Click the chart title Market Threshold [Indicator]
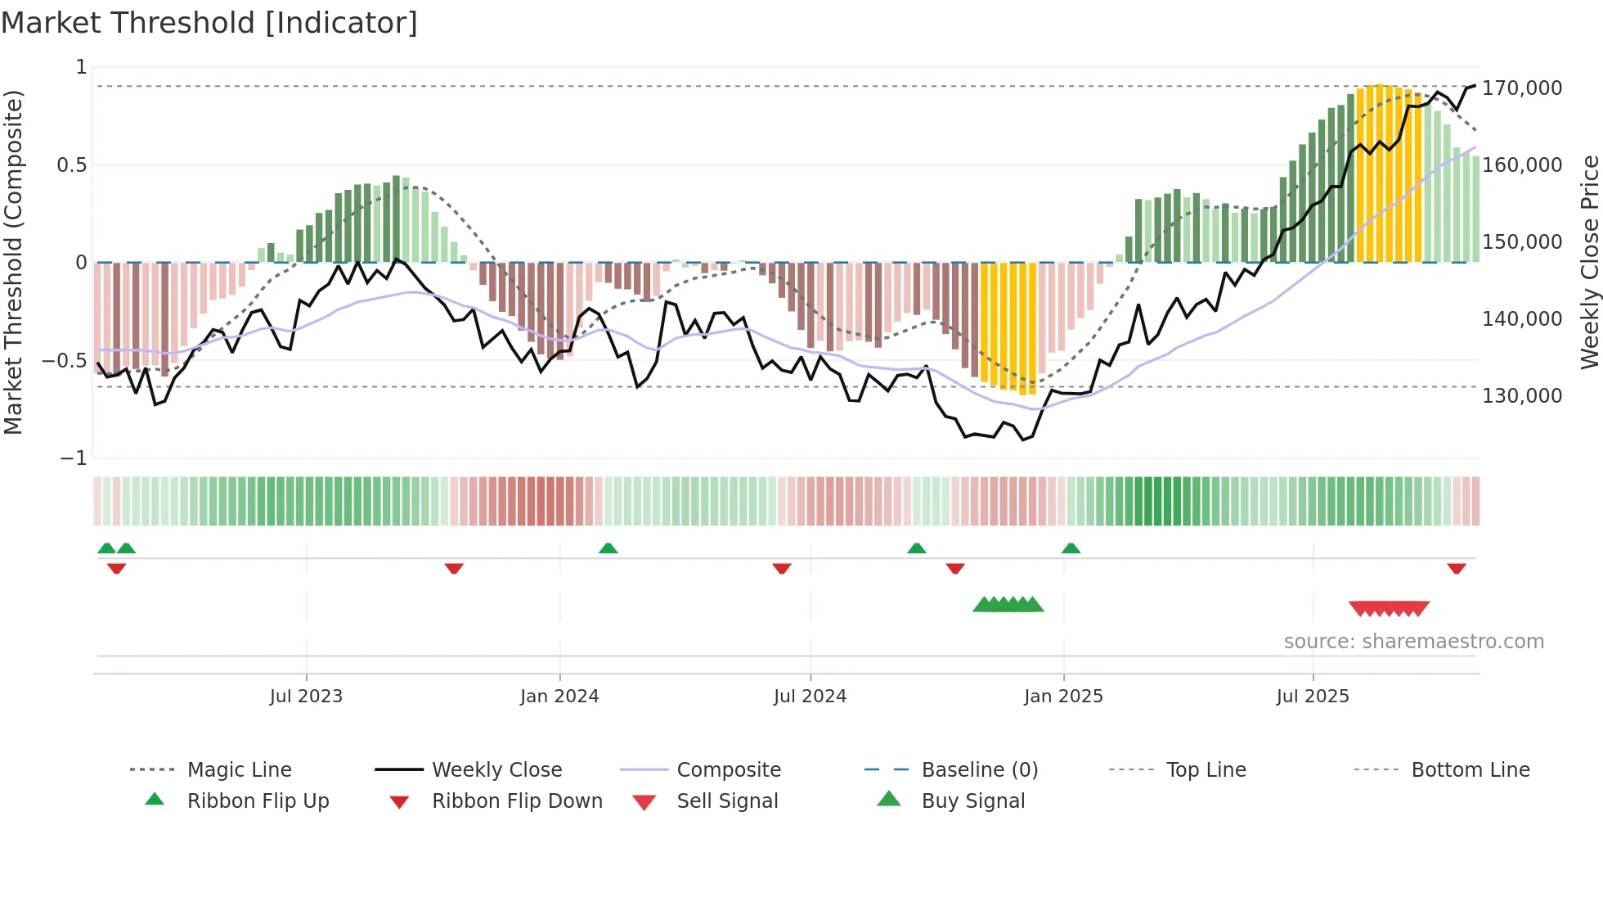pyautogui.click(x=209, y=23)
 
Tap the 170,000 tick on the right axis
pyautogui.click(x=1521, y=88)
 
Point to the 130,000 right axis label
pyautogui.click(x=1521, y=395)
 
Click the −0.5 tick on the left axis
pyautogui.click(x=64, y=360)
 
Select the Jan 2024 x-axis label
pyautogui.click(x=559, y=697)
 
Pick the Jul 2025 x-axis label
pyautogui.click(x=1312, y=697)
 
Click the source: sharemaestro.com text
pyautogui.click(x=1413, y=642)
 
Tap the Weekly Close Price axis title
pyautogui.click(x=1589, y=262)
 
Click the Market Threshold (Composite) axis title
pyautogui.click(x=13, y=262)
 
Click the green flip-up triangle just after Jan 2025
pyautogui.click(x=1071, y=548)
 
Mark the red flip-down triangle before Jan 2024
pyautogui.click(x=454, y=568)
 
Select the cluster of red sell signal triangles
pyautogui.click(x=1389, y=608)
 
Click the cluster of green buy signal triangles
pyautogui.click(x=1008, y=605)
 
